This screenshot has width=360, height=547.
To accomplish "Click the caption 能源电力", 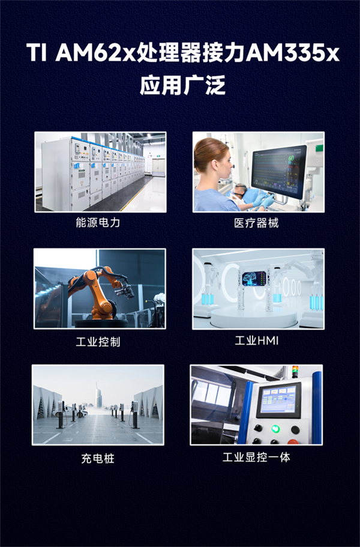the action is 98,222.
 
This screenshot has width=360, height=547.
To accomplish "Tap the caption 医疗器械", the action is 256,223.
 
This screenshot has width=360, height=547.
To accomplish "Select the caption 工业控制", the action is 98,341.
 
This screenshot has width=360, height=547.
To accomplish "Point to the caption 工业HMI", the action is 256,340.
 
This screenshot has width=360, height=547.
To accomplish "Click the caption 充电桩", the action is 98,458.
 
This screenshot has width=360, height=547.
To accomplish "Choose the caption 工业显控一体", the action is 256,457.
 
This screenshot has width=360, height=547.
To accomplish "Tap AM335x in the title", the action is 293,53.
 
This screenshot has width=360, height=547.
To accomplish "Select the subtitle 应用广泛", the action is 182,85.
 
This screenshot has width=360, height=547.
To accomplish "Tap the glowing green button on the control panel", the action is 275,428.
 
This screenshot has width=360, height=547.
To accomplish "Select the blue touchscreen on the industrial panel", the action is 278,400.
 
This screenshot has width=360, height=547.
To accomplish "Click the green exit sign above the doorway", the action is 158,156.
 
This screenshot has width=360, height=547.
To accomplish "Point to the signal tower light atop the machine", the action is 295,371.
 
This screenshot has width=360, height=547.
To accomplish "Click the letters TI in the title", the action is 36,53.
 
